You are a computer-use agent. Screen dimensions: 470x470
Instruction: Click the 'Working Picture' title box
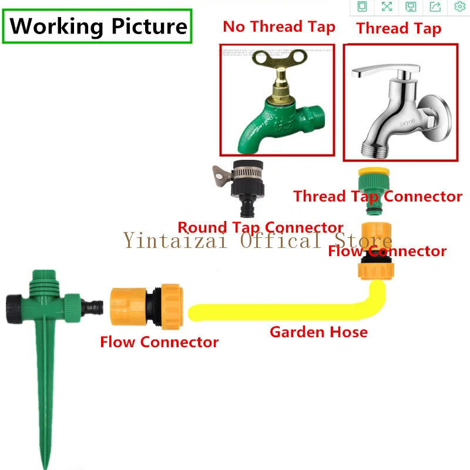pyautogui.click(x=98, y=26)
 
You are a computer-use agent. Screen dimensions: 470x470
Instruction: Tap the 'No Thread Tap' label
pyautogui.click(x=279, y=27)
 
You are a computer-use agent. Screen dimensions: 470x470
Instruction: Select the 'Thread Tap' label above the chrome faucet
pyautogui.click(x=398, y=28)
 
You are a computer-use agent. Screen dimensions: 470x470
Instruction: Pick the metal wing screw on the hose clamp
pyautogui.click(x=221, y=174)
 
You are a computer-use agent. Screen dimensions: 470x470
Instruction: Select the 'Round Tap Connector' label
pyautogui.click(x=260, y=227)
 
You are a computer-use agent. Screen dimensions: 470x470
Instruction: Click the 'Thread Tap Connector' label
pyautogui.click(x=378, y=196)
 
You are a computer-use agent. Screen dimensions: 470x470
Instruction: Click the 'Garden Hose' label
pyautogui.click(x=318, y=332)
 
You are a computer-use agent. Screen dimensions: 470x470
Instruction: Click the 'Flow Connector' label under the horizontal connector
pyautogui.click(x=159, y=341)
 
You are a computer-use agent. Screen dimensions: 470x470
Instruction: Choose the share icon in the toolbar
pyautogui.click(x=435, y=6)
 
